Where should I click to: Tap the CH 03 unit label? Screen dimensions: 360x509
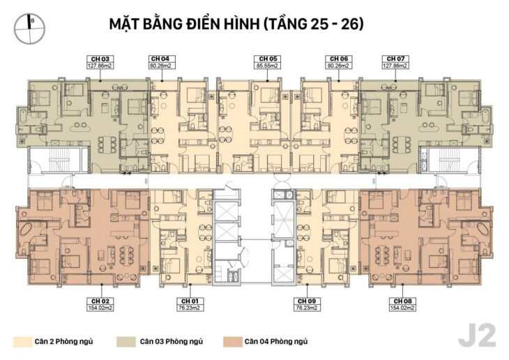[100, 58]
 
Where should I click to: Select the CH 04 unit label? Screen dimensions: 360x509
[160, 58]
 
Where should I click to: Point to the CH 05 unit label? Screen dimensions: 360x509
[266, 58]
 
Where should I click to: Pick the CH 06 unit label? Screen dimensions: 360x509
[339, 58]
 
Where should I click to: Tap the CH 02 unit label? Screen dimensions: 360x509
[100, 301]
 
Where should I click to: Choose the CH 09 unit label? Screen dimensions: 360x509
[305, 301]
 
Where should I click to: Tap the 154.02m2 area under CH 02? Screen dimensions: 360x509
[100, 308]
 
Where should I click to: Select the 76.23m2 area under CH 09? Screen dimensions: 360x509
[305, 308]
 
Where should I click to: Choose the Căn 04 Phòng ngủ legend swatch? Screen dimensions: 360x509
[231, 342]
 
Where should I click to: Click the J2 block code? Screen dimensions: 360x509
[477, 336]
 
